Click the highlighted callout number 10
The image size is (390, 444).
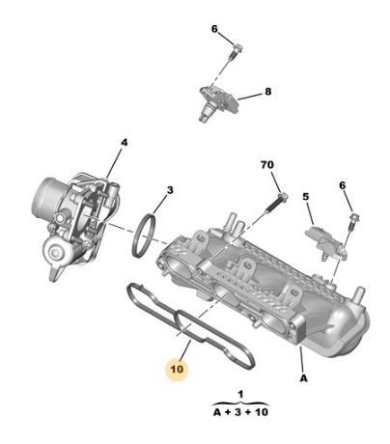pos(177,369)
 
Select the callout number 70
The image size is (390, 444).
pos(267,165)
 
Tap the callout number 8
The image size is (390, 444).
pos(268,92)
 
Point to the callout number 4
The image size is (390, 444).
pos(125,142)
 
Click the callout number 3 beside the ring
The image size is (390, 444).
pos(170,190)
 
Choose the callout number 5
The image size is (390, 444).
pos(306,196)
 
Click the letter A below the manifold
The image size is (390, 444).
pos(304,378)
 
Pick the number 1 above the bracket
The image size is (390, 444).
pos(240,394)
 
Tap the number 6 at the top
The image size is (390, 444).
pos(214,29)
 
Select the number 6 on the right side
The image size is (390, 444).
pos(342,185)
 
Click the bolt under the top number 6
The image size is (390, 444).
pos(235,51)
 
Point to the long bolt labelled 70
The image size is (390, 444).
pos(276,203)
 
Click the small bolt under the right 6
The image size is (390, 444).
pos(353,221)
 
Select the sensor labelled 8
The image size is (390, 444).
pos(217,101)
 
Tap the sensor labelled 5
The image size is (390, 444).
pos(325,244)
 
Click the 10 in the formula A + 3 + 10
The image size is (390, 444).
pos(261,412)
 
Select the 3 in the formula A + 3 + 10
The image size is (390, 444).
pos(237,412)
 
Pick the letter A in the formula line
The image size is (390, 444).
pos(217,412)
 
